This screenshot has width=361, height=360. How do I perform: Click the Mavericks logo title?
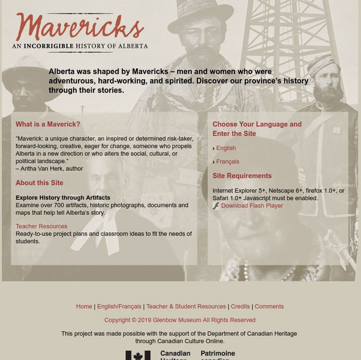pyautogui.click(x=79, y=27)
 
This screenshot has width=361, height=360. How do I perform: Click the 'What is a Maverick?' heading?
pyautogui.click(x=48, y=124)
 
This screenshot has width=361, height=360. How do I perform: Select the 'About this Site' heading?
pyautogui.click(x=40, y=183)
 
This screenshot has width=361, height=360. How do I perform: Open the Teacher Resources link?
pyautogui.click(x=41, y=226)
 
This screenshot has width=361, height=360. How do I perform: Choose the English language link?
pyautogui.click(x=226, y=148)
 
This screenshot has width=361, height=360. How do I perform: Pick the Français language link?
pyautogui.click(x=228, y=161)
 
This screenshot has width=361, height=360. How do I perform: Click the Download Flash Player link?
pyautogui.click(x=252, y=206)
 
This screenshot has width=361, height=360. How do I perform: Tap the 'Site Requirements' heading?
pyautogui.click(x=242, y=176)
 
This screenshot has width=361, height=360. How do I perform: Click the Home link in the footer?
pyautogui.click(x=84, y=306)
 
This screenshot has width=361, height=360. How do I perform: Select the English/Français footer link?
pyautogui.click(x=119, y=306)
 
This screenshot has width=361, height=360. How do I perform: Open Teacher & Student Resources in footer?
pyautogui.click(x=186, y=306)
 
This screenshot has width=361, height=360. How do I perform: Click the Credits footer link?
pyautogui.click(x=240, y=306)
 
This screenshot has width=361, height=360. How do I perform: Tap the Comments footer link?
pyautogui.click(x=269, y=306)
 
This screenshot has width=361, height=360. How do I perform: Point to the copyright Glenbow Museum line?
pyautogui.click(x=180, y=320)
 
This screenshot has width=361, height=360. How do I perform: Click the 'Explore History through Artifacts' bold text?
pyautogui.click(x=63, y=197)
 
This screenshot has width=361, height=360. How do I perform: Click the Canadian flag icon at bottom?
pyautogui.click(x=138, y=355)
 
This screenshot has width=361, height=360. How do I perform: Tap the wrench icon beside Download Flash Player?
pyautogui.click(x=216, y=206)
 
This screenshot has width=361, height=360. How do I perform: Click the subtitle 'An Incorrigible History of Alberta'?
pyautogui.click(x=80, y=46)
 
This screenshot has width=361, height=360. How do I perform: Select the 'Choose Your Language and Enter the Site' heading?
pyautogui.click(x=257, y=129)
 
